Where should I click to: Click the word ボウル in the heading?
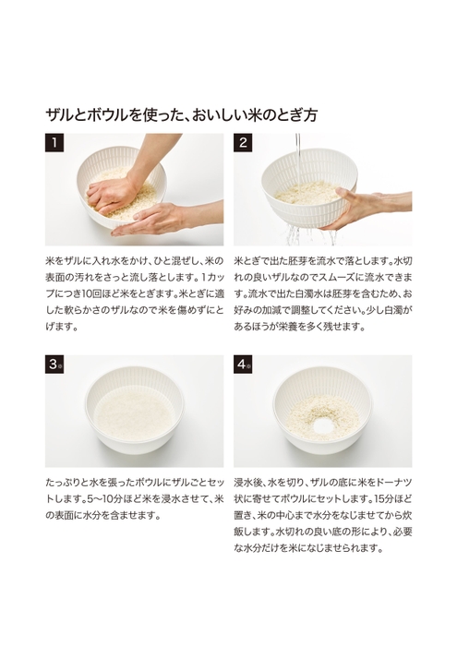coord(100,115)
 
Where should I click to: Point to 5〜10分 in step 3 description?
coord(82,498)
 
